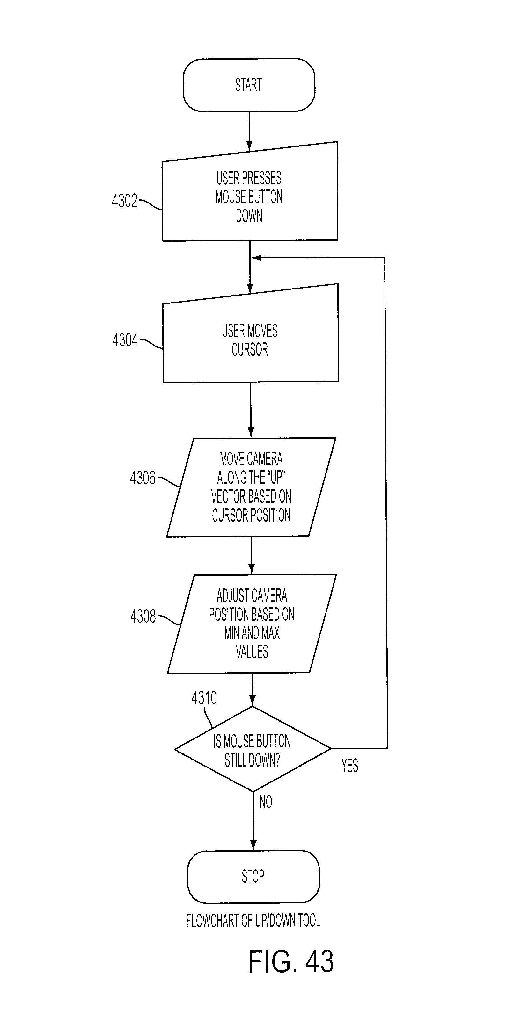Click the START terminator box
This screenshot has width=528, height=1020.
point(249,85)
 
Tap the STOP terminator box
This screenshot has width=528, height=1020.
point(253,877)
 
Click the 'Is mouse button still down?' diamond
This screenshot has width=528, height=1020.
point(253,749)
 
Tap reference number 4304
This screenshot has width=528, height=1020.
point(125,340)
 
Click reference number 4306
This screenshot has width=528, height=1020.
point(143,478)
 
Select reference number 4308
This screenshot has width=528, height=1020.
point(143,616)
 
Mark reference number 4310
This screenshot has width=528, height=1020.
point(204,698)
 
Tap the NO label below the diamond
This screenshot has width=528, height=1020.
point(266,802)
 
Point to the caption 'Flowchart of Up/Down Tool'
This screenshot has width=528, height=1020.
point(253,921)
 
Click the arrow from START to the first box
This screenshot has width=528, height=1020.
point(249,131)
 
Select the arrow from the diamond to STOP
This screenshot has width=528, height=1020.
point(253,821)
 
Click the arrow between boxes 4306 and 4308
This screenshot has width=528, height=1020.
point(251,555)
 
